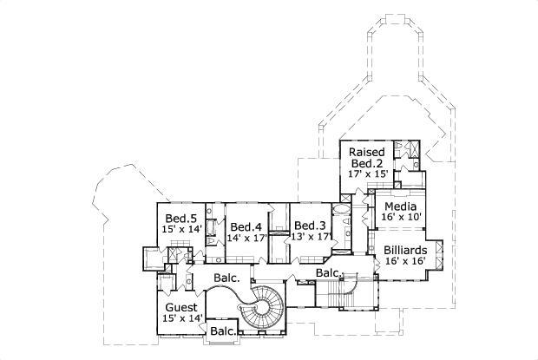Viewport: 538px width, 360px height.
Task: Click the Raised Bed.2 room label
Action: click(x=366, y=157)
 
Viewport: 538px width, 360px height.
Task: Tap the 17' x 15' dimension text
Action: click(x=366, y=173)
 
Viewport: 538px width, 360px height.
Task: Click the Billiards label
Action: click(x=405, y=248)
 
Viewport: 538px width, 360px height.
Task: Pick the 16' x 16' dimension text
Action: click(x=405, y=260)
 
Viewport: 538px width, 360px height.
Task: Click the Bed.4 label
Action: click(x=247, y=226)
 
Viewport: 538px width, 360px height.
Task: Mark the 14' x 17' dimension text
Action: click(x=247, y=238)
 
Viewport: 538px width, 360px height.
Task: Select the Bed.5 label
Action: click(x=180, y=218)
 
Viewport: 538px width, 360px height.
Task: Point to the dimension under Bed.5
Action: click(x=180, y=230)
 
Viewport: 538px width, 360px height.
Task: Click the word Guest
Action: click(x=180, y=307)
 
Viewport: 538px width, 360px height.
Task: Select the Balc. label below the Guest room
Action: click(x=223, y=331)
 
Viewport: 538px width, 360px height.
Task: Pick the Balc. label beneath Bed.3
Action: click(x=327, y=272)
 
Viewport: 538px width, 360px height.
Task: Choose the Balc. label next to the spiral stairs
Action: click(x=227, y=278)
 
